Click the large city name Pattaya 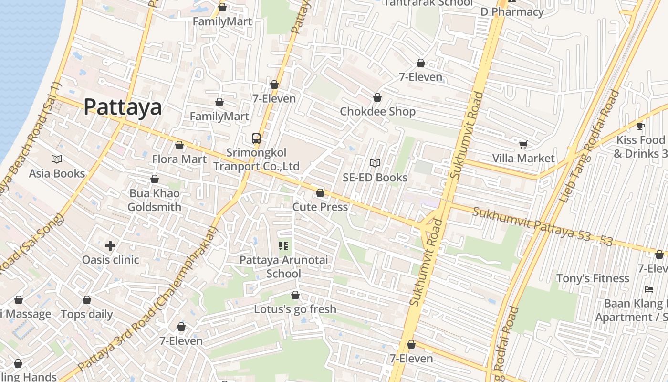(x=123, y=107)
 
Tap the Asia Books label (x=57, y=173)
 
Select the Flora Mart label (x=179, y=159)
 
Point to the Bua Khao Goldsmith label (x=154, y=200)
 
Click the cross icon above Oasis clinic (x=110, y=246)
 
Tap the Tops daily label (x=87, y=314)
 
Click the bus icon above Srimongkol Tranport (x=256, y=138)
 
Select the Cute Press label (x=320, y=207)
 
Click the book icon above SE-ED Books (x=375, y=163)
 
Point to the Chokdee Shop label (x=377, y=111)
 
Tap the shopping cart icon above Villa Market (x=523, y=144)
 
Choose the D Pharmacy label (x=512, y=12)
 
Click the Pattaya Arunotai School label (x=283, y=266)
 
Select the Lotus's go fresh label (x=295, y=309)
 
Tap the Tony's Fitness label (x=593, y=278)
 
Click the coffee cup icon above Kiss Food (x=641, y=126)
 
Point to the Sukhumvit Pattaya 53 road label (x=542, y=226)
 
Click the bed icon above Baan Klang (x=648, y=289)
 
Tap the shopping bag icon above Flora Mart (x=179, y=145)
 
